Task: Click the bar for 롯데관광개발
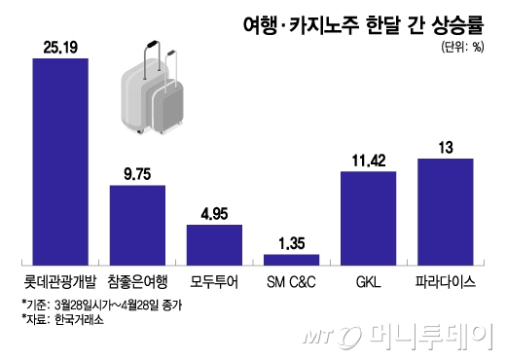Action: click(x=60, y=162)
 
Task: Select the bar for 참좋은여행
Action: click(x=137, y=226)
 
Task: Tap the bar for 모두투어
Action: click(x=214, y=245)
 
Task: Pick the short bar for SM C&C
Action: click(x=291, y=260)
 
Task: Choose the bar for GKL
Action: click(x=369, y=219)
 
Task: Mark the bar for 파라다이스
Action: click(x=446, y=212)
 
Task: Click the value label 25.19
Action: click(x=60, y=48)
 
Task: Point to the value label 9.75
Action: click(x=137, y=174)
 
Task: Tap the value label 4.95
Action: click(x=214, y=214)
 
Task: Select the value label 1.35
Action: click(x=292, y=243)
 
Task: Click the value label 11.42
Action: click(x=369, y=161)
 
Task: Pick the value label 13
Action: click(x=446, y=148)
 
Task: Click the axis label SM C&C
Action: click(x=291, y=282)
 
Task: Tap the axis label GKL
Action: click(x=369, y=282)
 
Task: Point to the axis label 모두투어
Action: click(x=214, y=282)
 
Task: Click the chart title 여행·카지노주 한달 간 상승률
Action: click(x=364, y=24)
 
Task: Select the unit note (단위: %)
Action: click(x=462, y=48)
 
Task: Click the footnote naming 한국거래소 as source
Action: click(x=63, y=320)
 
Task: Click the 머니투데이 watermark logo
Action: click(x=398, y=337)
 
